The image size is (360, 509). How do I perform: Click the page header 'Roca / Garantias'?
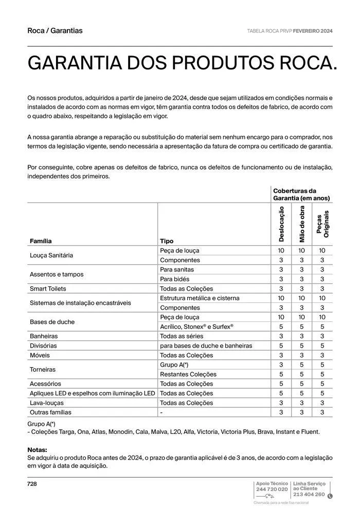tap(55, 31)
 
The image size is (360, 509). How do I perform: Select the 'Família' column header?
tap(41, 241)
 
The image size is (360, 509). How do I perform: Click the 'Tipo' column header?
tap(167, 241)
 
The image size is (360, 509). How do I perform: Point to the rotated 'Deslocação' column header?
tap(281, 224)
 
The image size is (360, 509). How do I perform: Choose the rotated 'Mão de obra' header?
tap(302, 224)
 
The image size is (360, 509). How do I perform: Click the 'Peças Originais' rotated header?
tap(322, 224)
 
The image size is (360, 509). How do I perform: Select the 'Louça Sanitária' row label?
tap(51, 256)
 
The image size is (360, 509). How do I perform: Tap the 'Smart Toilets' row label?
tap(48, 289)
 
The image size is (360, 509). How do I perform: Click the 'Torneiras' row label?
tap(43, 370)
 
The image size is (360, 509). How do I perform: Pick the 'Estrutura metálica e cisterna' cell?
tap(200, 298)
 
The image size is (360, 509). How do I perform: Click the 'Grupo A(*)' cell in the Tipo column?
tap(174, 365)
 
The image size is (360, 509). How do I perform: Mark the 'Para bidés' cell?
tap(174, 279)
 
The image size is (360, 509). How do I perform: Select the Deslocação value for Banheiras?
tap(281, 336)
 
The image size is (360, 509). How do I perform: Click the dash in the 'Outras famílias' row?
tap(161, 412)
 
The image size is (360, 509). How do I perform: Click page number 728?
tap(32, 484)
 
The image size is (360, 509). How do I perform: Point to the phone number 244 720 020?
tap(272, 489)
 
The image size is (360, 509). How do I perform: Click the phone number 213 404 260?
tap(309, 495)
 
